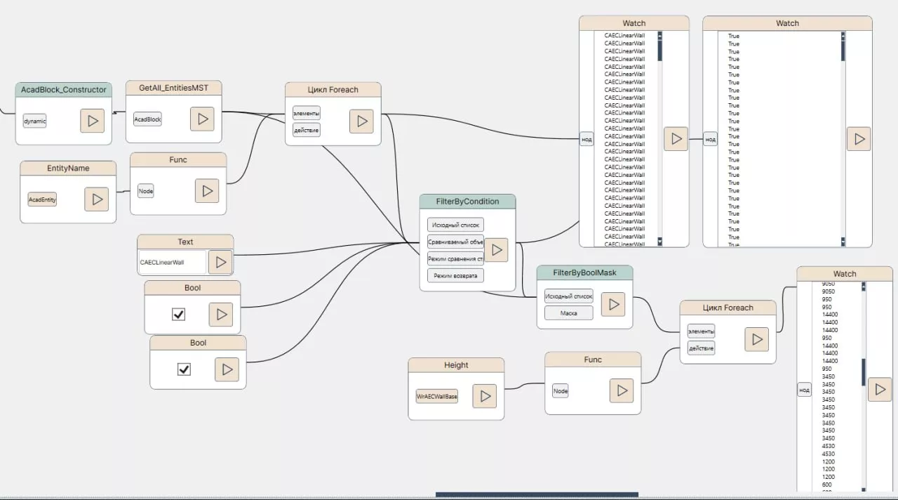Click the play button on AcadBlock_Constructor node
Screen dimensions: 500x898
click(93, 121)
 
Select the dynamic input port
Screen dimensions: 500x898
click(34, 121)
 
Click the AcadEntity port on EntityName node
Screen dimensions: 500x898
click(42, 199)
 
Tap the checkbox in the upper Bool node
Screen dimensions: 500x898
click(178, 314)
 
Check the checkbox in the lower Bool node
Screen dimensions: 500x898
click(184, 369)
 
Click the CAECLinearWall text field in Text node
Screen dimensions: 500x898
click(172, 262)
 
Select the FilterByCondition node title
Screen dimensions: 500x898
click(467, 202)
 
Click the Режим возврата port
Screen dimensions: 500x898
click(455, 275)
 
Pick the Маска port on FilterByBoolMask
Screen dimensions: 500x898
click(569, 312)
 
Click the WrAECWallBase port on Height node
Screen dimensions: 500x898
click(437, 396)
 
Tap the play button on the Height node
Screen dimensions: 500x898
click(485, 396)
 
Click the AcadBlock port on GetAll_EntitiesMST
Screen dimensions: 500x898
click(147, 119)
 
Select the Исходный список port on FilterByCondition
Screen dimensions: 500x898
click(455, 225)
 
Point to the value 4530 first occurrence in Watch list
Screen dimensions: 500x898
click(828, 446)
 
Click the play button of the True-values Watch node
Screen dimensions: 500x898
click(859, 139)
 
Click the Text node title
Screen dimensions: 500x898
click(185, 242)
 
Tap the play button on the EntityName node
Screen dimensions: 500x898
click(97, 199)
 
